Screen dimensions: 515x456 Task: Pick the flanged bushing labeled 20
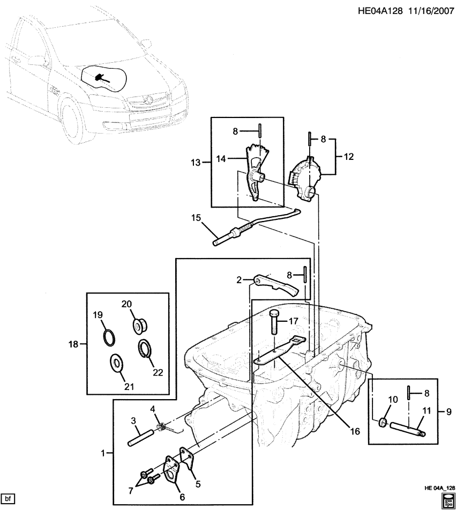coord(141,325)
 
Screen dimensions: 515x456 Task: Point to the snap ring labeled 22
coord(145,348)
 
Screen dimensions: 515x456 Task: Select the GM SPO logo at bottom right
coord(447,502)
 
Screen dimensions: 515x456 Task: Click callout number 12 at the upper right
coord(349,157)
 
